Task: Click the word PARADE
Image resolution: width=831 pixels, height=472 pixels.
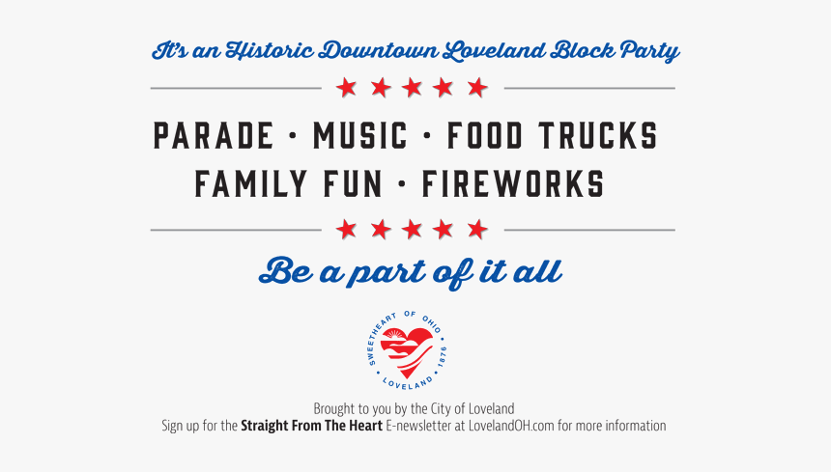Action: (x=214, y=135)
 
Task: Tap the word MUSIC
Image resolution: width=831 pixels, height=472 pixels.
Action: (x=359, y=135)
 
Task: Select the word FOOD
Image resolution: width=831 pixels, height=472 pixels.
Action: (x=485, y=135)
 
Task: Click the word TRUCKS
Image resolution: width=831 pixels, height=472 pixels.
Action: (x=598, y=135)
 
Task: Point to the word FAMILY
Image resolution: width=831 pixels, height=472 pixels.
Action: (x=250, y=183)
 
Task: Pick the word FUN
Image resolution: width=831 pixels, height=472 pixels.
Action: (x=353, y=183)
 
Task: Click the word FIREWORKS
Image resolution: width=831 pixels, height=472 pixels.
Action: (x=513, y=183)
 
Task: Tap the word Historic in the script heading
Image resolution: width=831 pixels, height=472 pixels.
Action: (x=270, y=51)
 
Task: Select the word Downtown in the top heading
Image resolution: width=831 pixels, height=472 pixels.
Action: (x=380, y=51)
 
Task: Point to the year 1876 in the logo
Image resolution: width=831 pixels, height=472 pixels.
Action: (x=442, y=357)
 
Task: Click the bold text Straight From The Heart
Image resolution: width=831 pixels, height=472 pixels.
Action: (x=311, y=426)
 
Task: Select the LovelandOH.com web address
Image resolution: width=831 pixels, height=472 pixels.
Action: (x=511, y=426)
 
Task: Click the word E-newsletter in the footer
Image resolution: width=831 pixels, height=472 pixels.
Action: (x=418, y=426)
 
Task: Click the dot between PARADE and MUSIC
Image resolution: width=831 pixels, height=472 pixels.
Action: (x=293, y=136)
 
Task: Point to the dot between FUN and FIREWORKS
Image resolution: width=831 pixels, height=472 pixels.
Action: (x=402, y=184)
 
